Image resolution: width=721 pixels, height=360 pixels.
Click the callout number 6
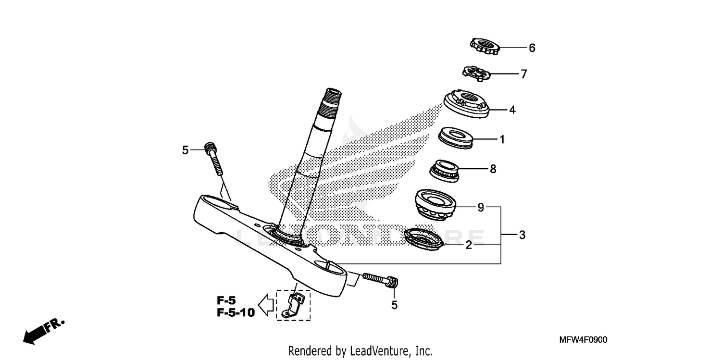coord(532,48)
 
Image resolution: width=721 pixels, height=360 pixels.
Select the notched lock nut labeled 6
coord(485,47)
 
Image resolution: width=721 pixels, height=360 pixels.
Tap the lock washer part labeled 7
coord(475,73)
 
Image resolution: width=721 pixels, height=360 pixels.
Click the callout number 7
coord(523,74)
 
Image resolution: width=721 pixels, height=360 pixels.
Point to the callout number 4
coord(512,110)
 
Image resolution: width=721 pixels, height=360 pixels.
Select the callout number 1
coord(502,140)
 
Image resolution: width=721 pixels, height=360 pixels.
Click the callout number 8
coord(493,169)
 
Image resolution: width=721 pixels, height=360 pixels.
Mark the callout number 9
coord(480,208)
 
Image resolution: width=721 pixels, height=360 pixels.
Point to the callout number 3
coord(522,236)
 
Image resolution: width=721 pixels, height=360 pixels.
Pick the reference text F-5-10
coord(235,313)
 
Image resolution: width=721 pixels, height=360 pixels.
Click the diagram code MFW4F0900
coord(583,340)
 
